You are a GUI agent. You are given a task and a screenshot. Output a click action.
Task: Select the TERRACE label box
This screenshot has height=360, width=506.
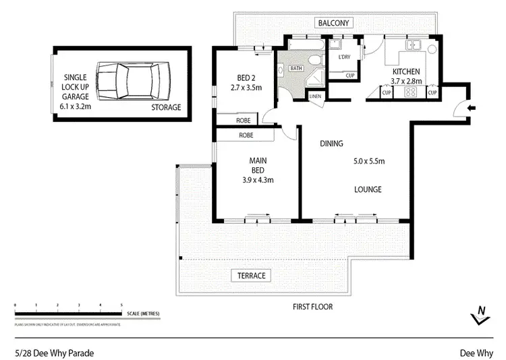(x=250, y=276)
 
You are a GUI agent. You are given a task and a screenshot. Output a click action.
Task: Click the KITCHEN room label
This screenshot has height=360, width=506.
(x=407, y=71)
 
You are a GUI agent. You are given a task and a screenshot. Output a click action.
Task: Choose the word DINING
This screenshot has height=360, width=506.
(x=331, y=144)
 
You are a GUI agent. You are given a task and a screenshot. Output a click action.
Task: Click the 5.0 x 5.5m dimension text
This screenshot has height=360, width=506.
(x=368, y=161)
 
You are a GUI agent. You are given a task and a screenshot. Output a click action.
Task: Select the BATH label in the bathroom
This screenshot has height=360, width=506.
(x=296, y=68)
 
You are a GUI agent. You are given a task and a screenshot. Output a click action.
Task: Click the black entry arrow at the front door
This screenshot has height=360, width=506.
(x=470, y=108)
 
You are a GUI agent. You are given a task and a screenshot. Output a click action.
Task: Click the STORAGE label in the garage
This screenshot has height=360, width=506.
(x=165, y=107)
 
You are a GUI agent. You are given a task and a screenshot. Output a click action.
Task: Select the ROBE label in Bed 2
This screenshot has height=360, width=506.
(x=244, y=121)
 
